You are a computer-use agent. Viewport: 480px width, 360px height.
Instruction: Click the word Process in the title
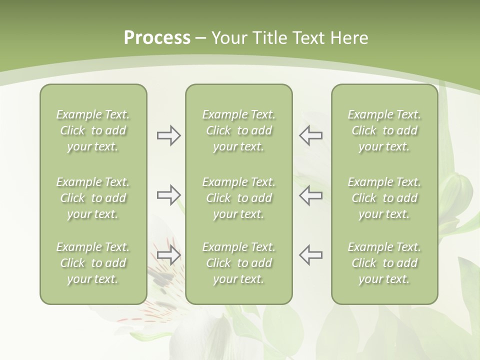click(157, 38)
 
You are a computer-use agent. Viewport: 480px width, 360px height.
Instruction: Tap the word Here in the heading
click(348, 38)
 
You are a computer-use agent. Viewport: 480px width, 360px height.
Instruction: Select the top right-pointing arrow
click(168, 135)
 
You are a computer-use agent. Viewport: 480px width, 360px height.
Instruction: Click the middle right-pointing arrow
click(168, 195)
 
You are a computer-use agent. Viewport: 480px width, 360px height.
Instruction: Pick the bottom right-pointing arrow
click(168, 255)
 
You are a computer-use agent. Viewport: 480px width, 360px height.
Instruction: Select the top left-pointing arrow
click(310, 135)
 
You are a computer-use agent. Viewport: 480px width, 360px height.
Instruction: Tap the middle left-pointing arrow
click(310, 195)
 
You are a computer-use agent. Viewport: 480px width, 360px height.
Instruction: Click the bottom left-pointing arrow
click(310, 254)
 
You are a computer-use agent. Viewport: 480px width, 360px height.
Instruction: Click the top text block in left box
click(93, 130)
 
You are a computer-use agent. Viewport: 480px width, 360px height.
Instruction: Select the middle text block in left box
click(93, 198)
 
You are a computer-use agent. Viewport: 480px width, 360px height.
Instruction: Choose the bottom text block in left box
click(93, 263)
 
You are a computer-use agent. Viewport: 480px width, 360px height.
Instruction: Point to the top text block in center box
click(238, 130)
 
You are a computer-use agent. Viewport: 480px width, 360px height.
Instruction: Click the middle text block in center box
click(238, 198)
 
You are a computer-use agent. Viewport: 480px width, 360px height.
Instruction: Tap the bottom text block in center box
click(238, 263)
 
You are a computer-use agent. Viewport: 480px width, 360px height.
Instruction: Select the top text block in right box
click(384, 130)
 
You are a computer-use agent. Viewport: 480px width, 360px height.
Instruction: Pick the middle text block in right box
click(384, 198)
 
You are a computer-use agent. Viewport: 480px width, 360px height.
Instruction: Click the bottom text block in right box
click(384, 263)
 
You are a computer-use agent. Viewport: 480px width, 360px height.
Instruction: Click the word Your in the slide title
click(228, 38)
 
